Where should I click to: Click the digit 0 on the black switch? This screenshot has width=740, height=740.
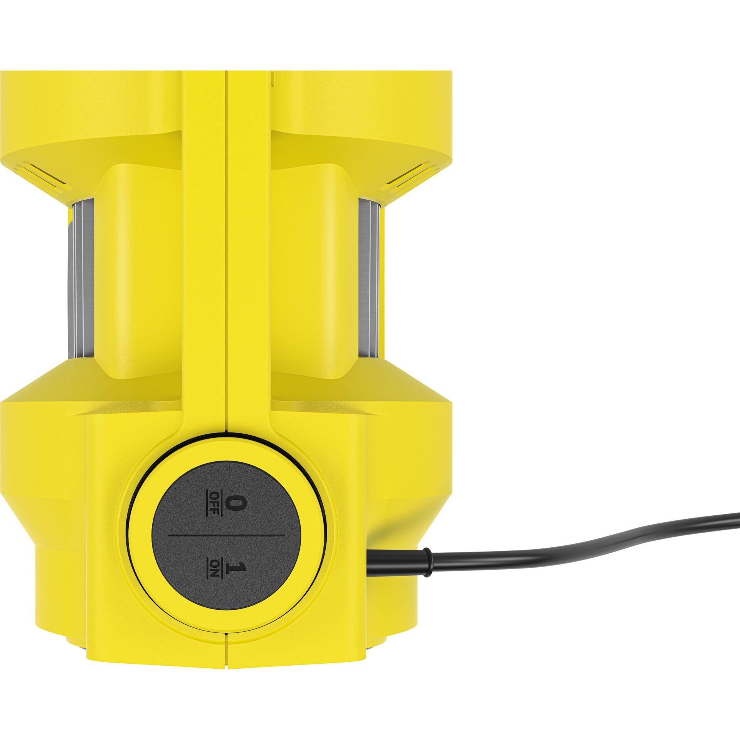click(x=230, y=504)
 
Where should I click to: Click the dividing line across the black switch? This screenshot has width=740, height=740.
click(x=227, y=535)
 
